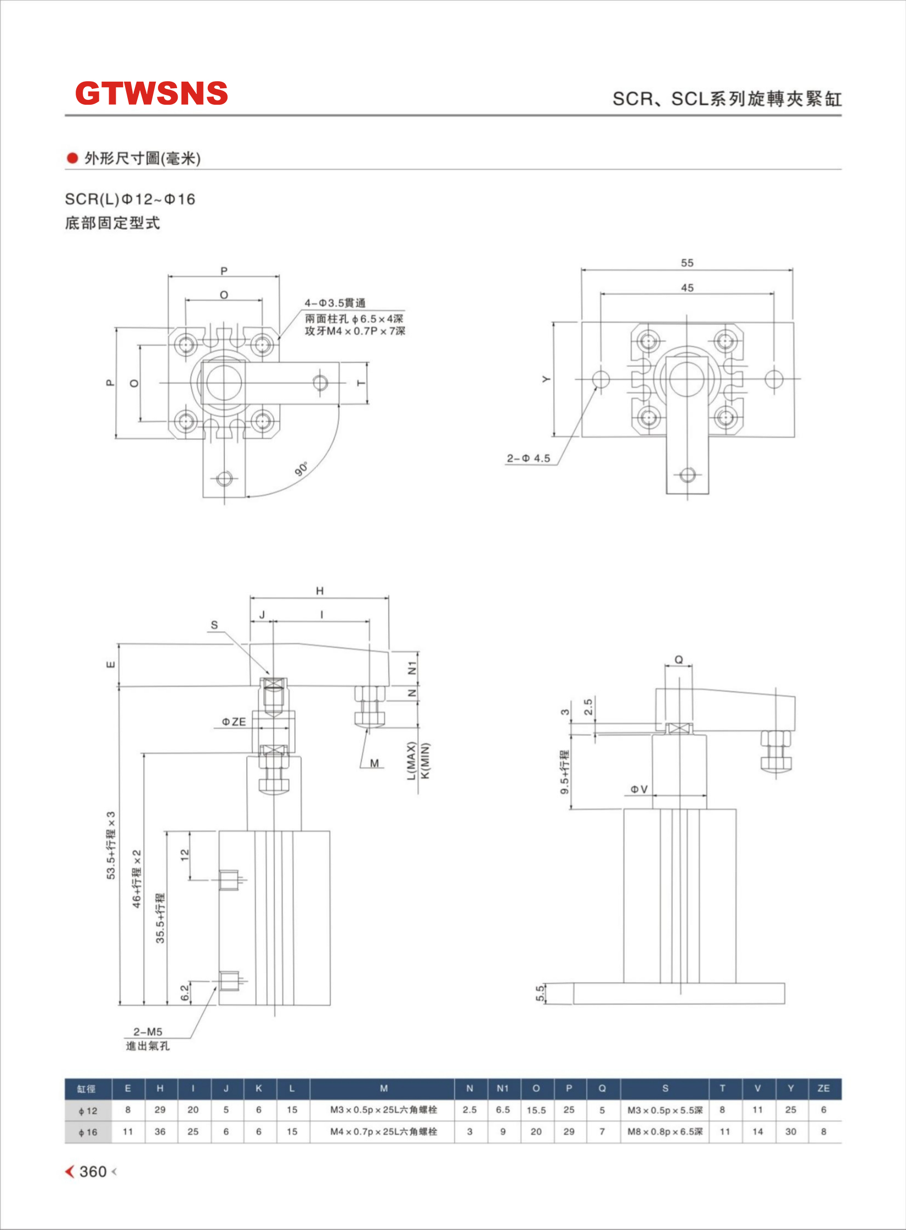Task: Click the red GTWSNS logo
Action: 151,93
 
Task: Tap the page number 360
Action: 93,1172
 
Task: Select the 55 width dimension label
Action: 687,263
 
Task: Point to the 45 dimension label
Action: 687,288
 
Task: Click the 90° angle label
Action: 302,469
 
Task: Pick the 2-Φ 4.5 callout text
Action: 528,458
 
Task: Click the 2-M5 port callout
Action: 148,1031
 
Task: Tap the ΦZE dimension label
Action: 234,722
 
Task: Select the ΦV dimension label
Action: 639,790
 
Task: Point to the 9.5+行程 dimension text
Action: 565,772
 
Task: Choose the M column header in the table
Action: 383,1089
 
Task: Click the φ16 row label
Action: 88,1132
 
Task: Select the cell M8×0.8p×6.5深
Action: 665,1131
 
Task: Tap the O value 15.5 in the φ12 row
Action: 536,1110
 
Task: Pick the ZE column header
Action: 823,1089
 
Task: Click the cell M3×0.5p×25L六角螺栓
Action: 383,1110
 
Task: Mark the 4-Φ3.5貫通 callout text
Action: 335,303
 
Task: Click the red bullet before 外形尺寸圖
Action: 72,158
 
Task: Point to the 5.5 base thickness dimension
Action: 540,993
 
